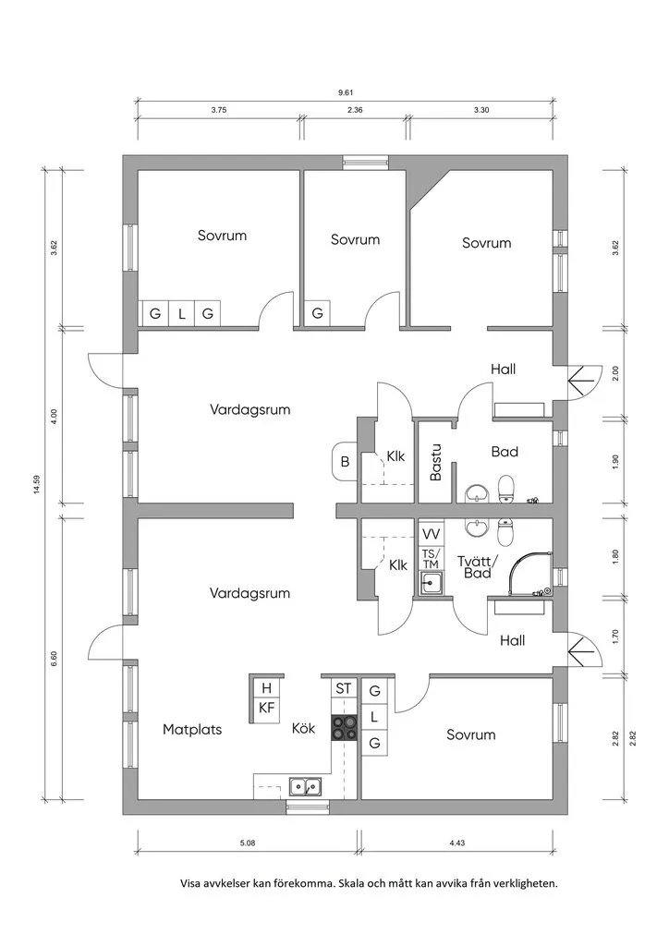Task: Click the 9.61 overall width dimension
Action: click(346, 92)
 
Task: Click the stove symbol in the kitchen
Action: click(346, 728)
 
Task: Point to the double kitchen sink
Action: click(305, 787)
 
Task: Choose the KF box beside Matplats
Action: click(267, 708)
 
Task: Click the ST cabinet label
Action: click(344, 688)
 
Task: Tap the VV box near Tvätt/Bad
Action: click(431, 534)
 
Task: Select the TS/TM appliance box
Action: click(431, 559)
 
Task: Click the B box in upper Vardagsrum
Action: click(345, 462)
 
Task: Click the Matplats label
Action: click(192, 729)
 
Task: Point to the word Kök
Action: click(304, 729)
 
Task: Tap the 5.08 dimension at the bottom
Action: click(248, 843)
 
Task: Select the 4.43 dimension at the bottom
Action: click(456, 843)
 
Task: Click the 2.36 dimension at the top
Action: click(355, 110)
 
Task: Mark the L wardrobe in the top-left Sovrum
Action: click(182, 314)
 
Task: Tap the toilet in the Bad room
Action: click(505, 487)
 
